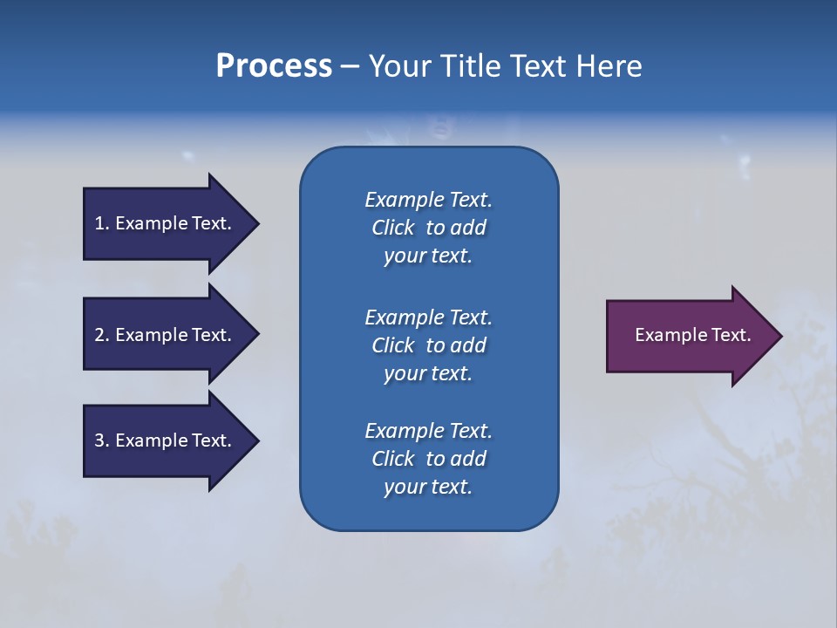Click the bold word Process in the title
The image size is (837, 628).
pyautogui.click(x=274, y=66)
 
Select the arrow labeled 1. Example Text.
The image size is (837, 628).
pyautogui.click(x=166, y=223)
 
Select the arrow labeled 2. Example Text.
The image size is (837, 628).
pyautogui.click(x=166, y=335)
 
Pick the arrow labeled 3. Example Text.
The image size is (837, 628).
pyautogui.click(x=166, y=440)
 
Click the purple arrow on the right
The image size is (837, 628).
pyautogui.click(x=689, y=336)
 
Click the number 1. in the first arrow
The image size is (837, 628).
pyautogui.click(x=102, y=223)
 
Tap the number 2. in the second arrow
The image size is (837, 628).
pyautogui.click(x=102, y=335)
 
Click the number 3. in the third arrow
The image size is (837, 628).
pyautogui.click(x=102, y=440)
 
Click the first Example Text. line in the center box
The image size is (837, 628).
pyautogui.click(x=428, y=200)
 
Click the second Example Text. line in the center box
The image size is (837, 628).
pyautogui.click(x=428, y=317)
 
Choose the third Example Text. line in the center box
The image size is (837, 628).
pyautogui.click(x=428, y=431)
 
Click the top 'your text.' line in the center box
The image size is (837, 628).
pyautogui.click(x=428, y=256)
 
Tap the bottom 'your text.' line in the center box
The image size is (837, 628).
pyautogui.click(x=428, y=488)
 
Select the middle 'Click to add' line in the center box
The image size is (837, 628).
pyautogui.click(x=428, y=345)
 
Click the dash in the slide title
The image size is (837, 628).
pyautogui.click(x=350, y=66)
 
